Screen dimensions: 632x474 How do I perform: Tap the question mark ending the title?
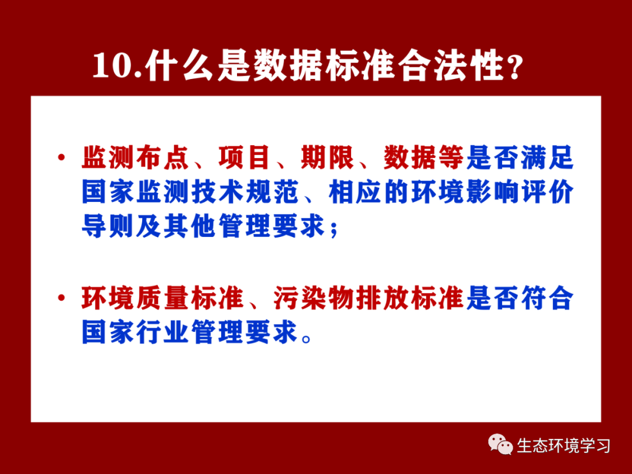click(515, 67)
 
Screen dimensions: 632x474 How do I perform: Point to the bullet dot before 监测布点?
click(61, 157)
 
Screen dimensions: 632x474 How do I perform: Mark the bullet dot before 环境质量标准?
click(61, 298)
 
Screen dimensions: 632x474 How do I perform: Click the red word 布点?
click(163, 157)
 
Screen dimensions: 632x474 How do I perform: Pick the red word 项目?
click(245, 157)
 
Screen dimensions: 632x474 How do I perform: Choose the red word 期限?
click(327, 157)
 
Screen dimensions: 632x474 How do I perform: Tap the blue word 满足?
click(547, 157)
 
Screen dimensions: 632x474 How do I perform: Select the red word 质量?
click(163, 298)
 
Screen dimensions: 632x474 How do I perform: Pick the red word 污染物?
click(314, 298)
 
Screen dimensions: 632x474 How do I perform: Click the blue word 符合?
click(547, 298)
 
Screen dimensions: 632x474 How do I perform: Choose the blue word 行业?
click(163, 333)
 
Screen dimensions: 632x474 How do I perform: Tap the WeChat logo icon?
click(500, 444)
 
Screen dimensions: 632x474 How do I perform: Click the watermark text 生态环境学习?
click(564, 446)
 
